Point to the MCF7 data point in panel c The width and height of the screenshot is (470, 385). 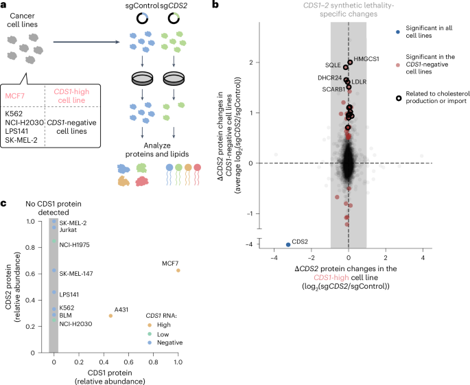[178, 270]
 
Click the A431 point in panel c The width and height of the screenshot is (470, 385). [110, 316]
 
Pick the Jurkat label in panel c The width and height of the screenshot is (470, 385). [68, 231]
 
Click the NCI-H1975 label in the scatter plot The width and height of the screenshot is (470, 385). [75, 244]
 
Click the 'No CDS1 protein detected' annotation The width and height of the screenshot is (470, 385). [54, 208]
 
